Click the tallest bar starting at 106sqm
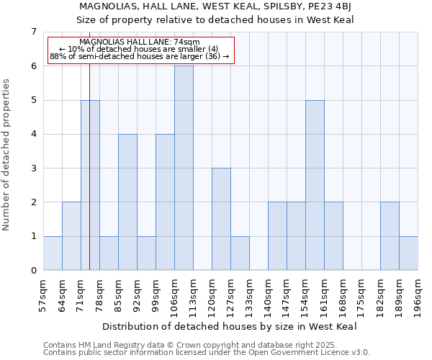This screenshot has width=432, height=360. coord(184,168)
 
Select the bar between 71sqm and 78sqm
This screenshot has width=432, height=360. coord(90,185)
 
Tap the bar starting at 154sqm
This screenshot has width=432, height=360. coord(315,185)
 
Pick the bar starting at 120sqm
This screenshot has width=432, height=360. coord(221,219)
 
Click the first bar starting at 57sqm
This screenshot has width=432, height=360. coord(53,253)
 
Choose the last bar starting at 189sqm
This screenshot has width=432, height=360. coord(408,253)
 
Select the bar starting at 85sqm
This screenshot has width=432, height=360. coord(127,202)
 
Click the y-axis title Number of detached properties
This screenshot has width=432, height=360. coord(7,155)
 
